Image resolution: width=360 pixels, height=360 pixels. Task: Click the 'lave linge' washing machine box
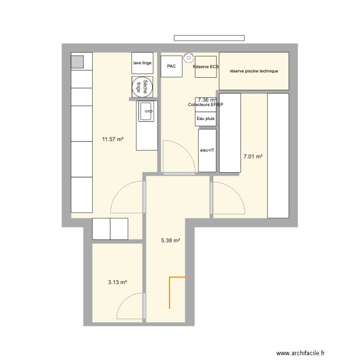(143, 63)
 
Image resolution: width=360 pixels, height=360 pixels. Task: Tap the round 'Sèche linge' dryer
(143, 87)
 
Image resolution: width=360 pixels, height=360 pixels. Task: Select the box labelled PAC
(171, 66)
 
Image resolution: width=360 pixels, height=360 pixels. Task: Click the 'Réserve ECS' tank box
(206, 67)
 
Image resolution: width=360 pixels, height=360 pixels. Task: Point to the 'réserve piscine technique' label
(254, 71)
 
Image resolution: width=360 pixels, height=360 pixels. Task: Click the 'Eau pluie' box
(206, 119)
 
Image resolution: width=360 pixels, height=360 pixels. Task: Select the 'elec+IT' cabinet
(207, 150)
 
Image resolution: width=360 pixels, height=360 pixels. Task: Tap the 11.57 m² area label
(113, 140)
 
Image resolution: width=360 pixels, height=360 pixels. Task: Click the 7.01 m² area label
(253, 156)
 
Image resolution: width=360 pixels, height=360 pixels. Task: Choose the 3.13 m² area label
(118, 283)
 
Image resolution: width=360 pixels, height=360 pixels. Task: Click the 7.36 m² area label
(207, 100)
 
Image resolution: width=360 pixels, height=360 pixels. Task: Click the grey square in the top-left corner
(77, 61)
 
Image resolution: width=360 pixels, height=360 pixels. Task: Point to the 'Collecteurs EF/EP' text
(206, 105)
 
